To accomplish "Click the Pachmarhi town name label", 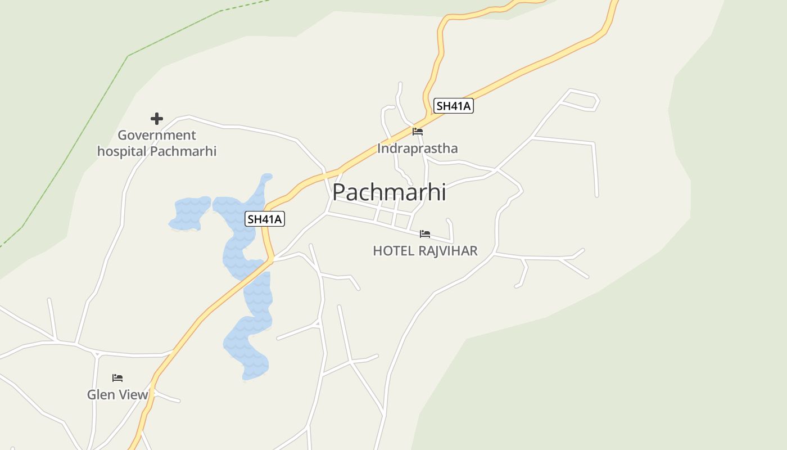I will (389, 192).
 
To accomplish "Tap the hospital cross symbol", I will (157, 119).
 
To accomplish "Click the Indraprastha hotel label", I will (417, 148).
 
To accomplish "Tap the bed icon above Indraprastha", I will (418, 132).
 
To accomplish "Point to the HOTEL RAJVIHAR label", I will (425, 251).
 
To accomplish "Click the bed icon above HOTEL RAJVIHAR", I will (425, 233).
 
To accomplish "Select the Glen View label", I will (117, 395).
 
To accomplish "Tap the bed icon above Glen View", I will (117, 378).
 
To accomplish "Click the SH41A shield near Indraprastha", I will (454, 106).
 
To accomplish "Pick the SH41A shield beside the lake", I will (265, 219).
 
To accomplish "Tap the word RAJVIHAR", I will (448, 251).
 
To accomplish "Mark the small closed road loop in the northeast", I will (582, 100).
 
